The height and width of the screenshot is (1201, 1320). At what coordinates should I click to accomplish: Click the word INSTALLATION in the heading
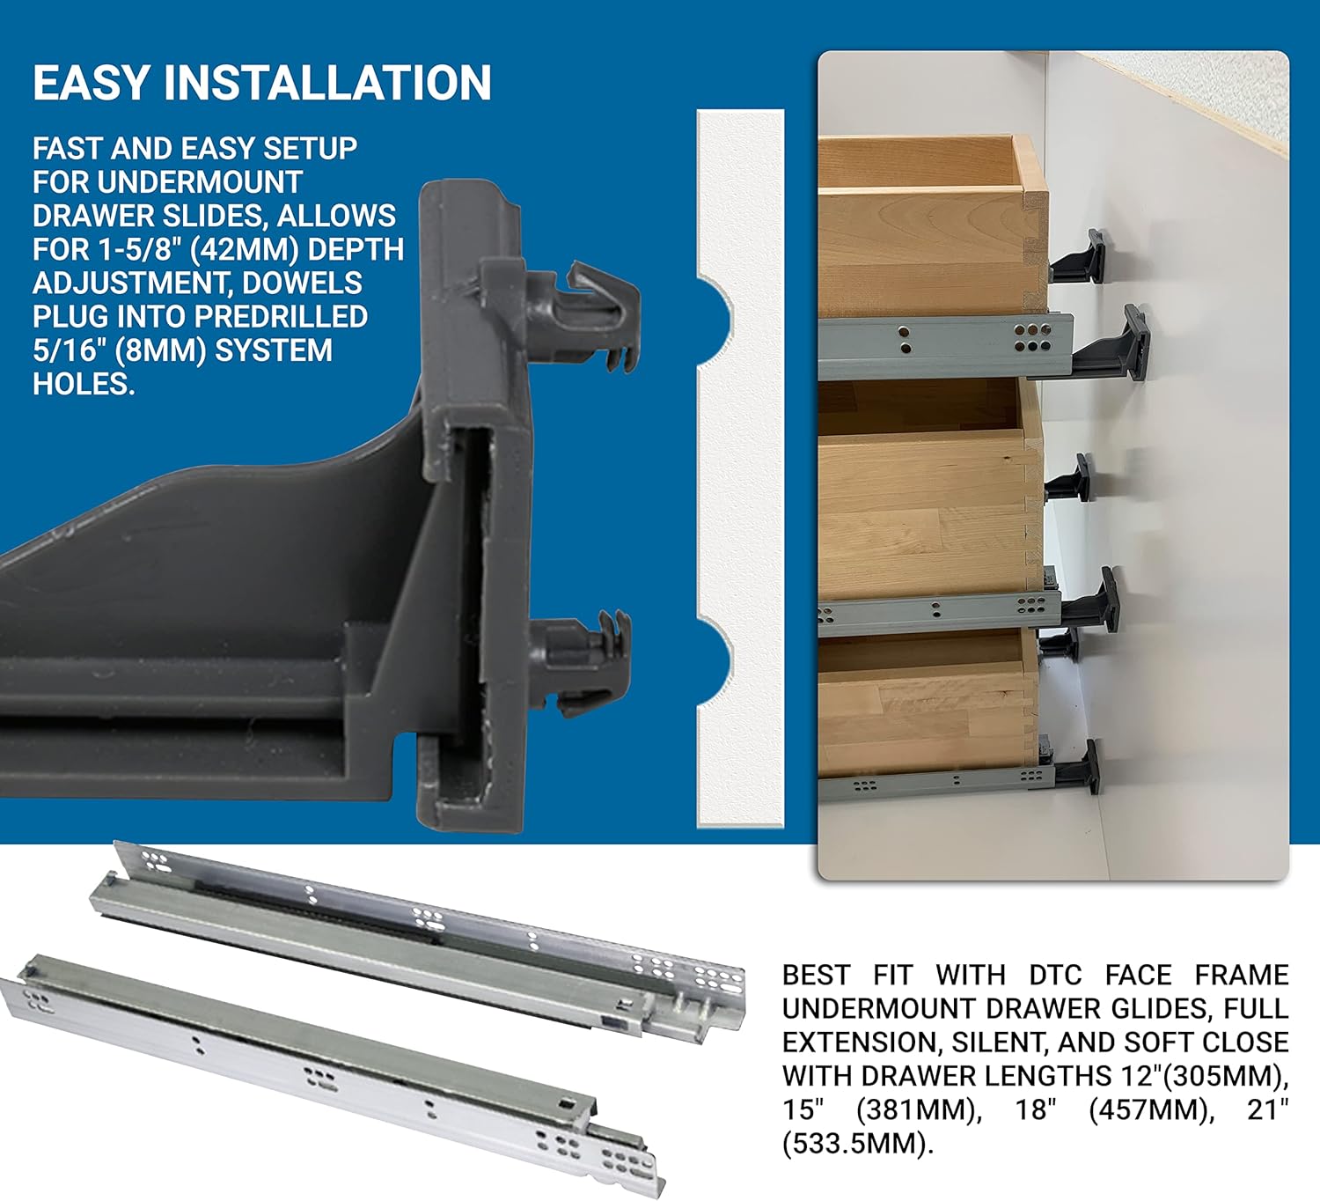[327, 84]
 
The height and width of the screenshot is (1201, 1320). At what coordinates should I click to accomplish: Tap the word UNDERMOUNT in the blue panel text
[200, 182]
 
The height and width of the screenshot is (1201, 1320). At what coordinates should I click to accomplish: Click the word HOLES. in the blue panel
[84, 384]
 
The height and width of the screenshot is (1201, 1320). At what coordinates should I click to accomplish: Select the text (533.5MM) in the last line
[857, 1143]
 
